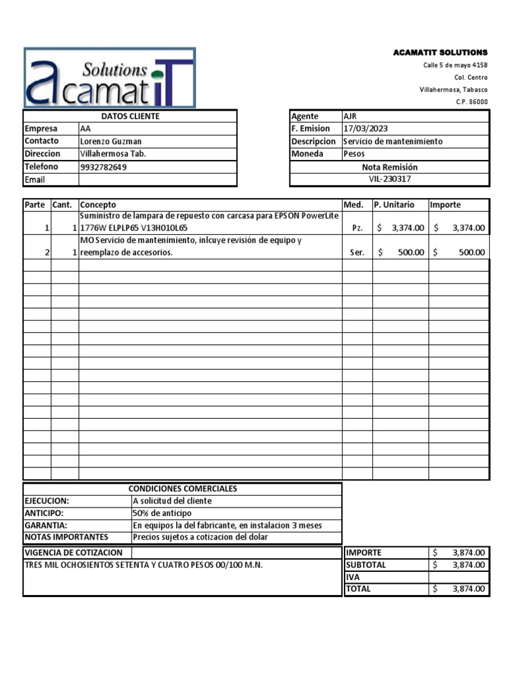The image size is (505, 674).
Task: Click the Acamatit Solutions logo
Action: click(109, 78)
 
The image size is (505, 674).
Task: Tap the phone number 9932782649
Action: click(103, 167)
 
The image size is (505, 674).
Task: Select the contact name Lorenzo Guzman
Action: click(110, 142)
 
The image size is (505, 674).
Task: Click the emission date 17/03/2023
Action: click(366, 129)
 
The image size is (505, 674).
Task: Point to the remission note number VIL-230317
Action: click(390, 179)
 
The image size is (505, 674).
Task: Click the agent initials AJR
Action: click(350, 117)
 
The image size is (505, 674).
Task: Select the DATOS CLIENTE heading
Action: click(130, 117)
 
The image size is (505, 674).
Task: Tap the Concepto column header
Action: click(98, 205)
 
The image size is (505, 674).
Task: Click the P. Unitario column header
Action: click(394, 205)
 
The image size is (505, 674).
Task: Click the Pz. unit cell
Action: click(358, 228)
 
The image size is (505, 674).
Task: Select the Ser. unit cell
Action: click(358, 252)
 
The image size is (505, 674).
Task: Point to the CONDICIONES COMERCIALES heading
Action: click(183, 488)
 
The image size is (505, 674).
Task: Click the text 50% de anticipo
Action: click(162, 513)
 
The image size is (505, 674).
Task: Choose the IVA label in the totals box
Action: click(353, 577)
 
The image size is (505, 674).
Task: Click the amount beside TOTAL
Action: click(468, 589)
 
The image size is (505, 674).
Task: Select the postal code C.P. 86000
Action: click(471, 102)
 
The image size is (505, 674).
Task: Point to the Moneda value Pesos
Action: click(354, 154)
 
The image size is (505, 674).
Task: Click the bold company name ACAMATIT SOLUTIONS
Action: click(440, 52)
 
